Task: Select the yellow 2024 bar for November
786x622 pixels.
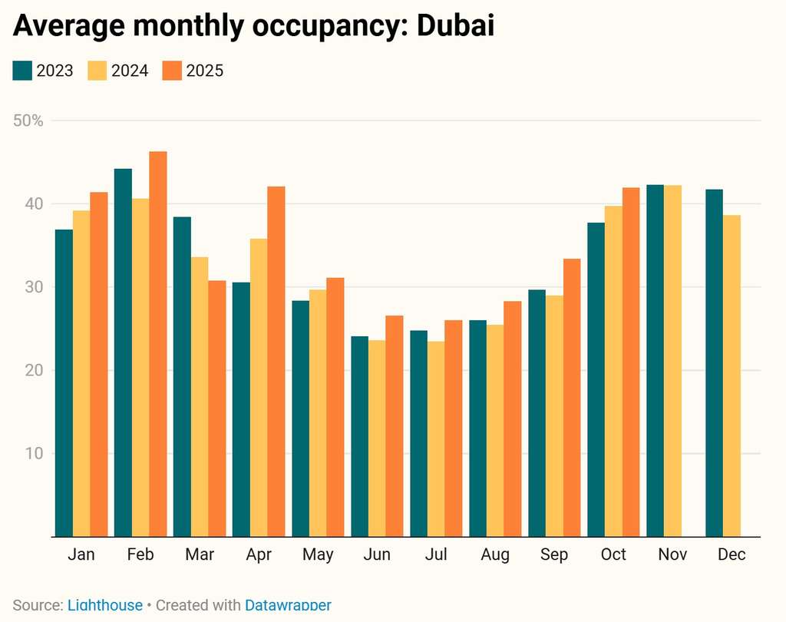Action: click(672, 361)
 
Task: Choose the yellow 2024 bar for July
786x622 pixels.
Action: click(436, 438)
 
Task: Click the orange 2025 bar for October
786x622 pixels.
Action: click(631, 362)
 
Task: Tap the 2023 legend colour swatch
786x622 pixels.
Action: click(22, 71)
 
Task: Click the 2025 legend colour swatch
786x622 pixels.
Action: click(172, 71)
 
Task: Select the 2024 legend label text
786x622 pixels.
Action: click(130, 71)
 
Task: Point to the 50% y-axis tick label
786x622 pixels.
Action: click(29, 121)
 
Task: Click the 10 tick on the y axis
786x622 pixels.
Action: click(34, 453)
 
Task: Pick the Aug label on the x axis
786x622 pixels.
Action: click(495, 554)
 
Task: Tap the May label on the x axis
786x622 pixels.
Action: click(318, 554)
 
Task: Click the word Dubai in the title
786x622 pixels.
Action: click(455, 25)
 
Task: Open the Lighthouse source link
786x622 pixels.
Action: click(105, 605)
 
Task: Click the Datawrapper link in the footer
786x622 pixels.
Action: click(288, 605)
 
